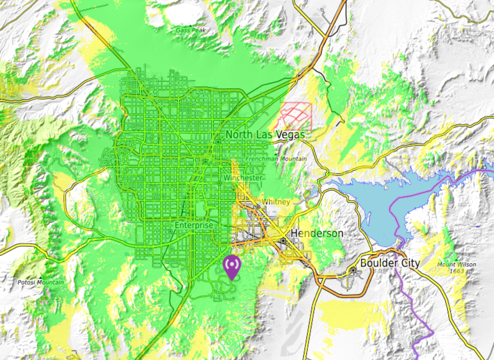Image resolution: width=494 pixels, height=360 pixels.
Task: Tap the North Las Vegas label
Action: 265,135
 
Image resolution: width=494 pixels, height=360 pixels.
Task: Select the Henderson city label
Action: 317,233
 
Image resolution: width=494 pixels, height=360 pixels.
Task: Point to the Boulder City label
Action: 390,263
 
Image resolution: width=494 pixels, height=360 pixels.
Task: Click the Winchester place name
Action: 243,177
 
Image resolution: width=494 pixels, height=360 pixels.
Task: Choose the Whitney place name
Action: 276,202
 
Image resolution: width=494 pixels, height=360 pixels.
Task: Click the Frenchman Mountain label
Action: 276,159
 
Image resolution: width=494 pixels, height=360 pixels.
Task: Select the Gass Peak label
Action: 191,30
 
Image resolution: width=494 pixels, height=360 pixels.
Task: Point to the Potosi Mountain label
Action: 41,282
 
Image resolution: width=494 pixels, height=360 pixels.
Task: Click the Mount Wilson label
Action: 454,264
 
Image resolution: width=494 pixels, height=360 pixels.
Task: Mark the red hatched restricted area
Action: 296,115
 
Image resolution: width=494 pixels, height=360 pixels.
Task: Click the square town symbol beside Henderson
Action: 283,240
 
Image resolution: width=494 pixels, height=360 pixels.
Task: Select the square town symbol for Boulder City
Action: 354,270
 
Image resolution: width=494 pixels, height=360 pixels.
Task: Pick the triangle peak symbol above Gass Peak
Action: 191,25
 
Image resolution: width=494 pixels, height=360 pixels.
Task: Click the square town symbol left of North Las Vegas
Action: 219,140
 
